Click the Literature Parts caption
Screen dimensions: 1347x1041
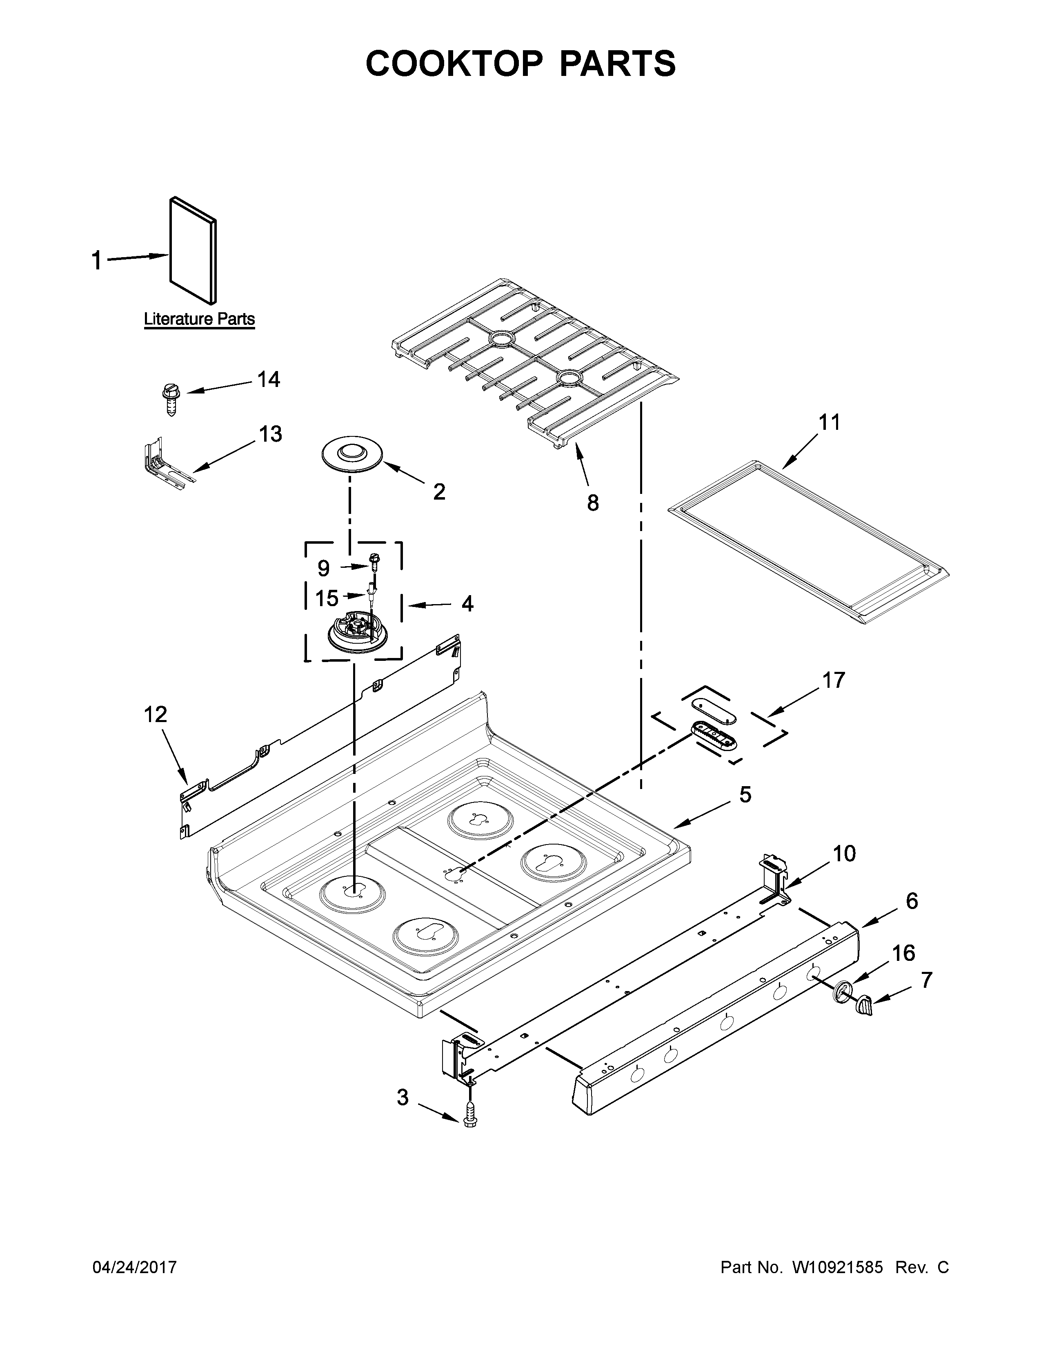[x=199, y=320]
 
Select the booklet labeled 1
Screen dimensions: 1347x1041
[x=192, y=250]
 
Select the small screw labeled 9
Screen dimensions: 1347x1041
[x=373, y=560]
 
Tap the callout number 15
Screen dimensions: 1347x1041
[x=327, y=598]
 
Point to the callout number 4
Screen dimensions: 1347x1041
[x=467, y=603]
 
